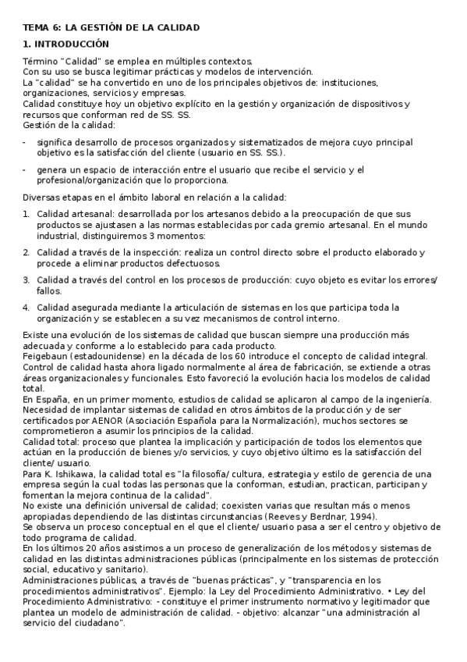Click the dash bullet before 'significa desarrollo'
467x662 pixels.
coord(24,142)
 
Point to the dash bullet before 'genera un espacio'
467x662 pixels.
coord(24,169)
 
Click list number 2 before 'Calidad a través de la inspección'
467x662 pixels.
coord(26,252)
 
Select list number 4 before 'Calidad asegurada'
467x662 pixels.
coord(26,307)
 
